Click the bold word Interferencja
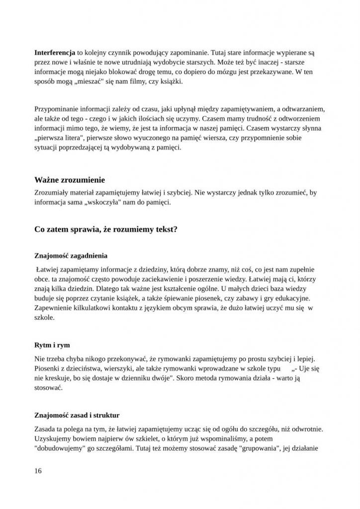click(x=55, y=52)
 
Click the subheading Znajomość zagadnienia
click(x=71, y=256)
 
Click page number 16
click(x=38, y=471)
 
